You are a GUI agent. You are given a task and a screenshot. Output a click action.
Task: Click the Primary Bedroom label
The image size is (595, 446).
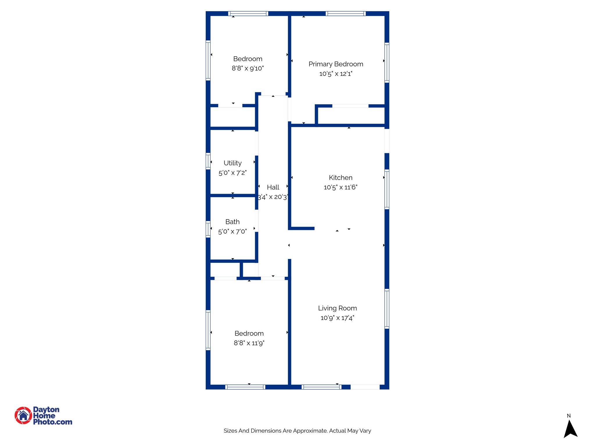point(336,64)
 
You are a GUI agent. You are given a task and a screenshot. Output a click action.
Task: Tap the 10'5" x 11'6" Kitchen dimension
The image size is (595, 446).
point(340,187)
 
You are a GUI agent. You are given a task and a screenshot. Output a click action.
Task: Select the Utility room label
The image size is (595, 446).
point(232,163)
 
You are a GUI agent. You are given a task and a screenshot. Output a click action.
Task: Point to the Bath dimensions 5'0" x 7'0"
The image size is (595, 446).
point(232,231)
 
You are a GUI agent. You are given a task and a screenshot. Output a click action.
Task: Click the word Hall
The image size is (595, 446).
point(273,187)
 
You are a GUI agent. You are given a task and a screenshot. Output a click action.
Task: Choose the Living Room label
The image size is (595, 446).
point(337,308)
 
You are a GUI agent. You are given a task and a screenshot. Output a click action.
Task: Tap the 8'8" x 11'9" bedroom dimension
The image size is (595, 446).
point(249,343)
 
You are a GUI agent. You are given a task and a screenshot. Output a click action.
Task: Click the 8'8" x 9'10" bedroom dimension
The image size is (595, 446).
point(248,68)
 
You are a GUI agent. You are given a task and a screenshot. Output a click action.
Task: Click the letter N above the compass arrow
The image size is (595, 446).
point(569,416)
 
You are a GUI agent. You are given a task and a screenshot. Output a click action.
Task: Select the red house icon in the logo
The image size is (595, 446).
point(23,416)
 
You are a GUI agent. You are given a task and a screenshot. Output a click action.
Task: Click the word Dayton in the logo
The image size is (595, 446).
point(46,409)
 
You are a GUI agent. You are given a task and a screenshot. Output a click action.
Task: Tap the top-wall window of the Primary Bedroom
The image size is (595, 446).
point(345,13)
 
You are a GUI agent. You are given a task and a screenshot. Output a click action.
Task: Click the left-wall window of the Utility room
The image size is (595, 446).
point(208,161)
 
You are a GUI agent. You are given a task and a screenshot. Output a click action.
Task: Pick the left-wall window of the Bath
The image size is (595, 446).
point(208,229)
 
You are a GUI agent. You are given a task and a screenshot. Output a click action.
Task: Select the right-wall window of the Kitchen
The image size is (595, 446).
point(387,189)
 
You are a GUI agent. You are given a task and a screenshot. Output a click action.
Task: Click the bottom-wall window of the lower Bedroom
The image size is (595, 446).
point(245,387)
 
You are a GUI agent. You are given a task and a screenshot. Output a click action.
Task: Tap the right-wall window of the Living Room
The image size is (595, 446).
point(387,309)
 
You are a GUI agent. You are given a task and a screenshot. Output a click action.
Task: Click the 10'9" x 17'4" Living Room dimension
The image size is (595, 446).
point(337,318)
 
